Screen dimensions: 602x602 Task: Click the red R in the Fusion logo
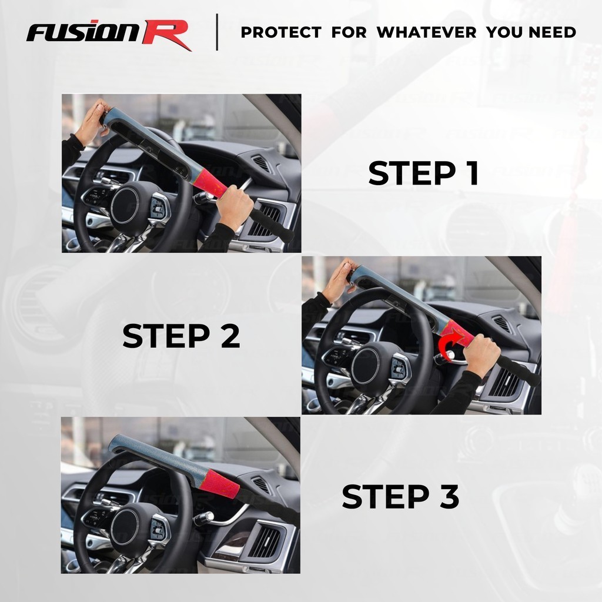tap(167, 35)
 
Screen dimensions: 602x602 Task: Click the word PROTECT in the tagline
tap(281, 32)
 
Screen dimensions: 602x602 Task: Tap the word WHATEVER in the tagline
tap(426, 32)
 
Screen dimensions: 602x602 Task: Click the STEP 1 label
tap(423, 173)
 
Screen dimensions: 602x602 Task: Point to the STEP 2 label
tap(181, 336)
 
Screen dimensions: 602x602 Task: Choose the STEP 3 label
tap(400, 496)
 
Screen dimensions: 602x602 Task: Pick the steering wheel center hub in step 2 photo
tap(365, 366)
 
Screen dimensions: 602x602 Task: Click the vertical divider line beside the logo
tap(218, 32)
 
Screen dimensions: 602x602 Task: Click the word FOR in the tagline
tap(349, 32)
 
